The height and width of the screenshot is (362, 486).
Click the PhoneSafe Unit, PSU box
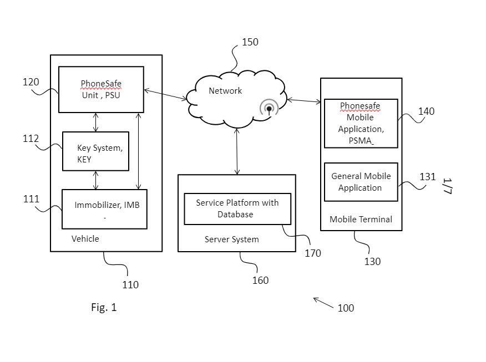[x=101, y=89]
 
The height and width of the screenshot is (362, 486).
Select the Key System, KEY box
[x=95, y=151]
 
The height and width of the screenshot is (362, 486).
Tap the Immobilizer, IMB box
[x=104, y=209]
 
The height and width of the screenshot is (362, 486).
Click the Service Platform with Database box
[x=237, y=209]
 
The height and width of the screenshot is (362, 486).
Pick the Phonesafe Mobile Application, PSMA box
[x=361, y=123]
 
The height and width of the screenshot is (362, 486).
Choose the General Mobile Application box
[x=361, y=182]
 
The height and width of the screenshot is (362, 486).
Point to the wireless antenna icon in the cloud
[x=269, y=108]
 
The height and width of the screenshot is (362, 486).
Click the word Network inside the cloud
[x=225, y=91]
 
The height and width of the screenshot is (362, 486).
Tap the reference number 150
[x=250, y=42]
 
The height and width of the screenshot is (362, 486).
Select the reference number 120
[x=31, y=82]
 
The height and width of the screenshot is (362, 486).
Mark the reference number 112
[x=31, y=139]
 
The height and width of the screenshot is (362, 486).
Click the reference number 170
[x=313, y=253]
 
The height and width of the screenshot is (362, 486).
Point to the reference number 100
[x=346, y=308]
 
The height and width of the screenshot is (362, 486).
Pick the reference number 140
[x=426, y=111]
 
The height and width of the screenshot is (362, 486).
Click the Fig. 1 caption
[x=104, y=307]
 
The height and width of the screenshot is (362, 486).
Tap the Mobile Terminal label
[x=361, y=220]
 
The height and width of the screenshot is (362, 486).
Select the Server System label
[x=231, y=239]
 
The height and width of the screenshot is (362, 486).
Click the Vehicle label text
[x=85, y=239]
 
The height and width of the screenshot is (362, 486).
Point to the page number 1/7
[x=448, y=186]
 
